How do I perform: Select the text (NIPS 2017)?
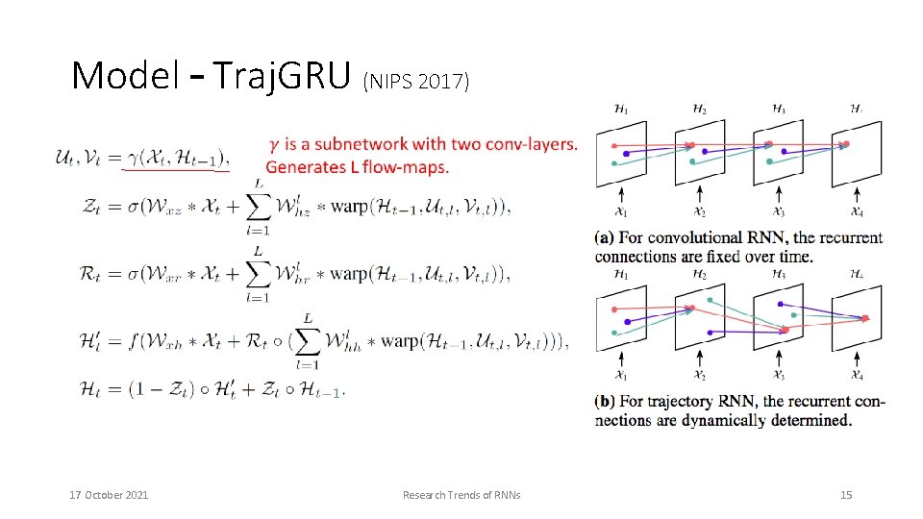pyautogui.click(x=416, y=82)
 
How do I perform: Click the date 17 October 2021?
pyautogui.click(x=109, y=495)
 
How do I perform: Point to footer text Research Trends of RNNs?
pyautogui.click(x=461, y=495)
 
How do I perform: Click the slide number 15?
pyautogui.click(x=846, y=495)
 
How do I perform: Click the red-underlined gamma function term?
pyautogui.click(x=177, y=159)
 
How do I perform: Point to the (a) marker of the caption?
pyautogui.click(x=607, y=237)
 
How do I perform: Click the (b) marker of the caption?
pyautogui.click(x=607, y=401)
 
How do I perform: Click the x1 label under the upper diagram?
pyautogui.click(x=621, y=212)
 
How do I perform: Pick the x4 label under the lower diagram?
pyautogui.click(x=857, y=375)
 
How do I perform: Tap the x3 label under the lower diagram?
pyautogui.click(x=779, y=375)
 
